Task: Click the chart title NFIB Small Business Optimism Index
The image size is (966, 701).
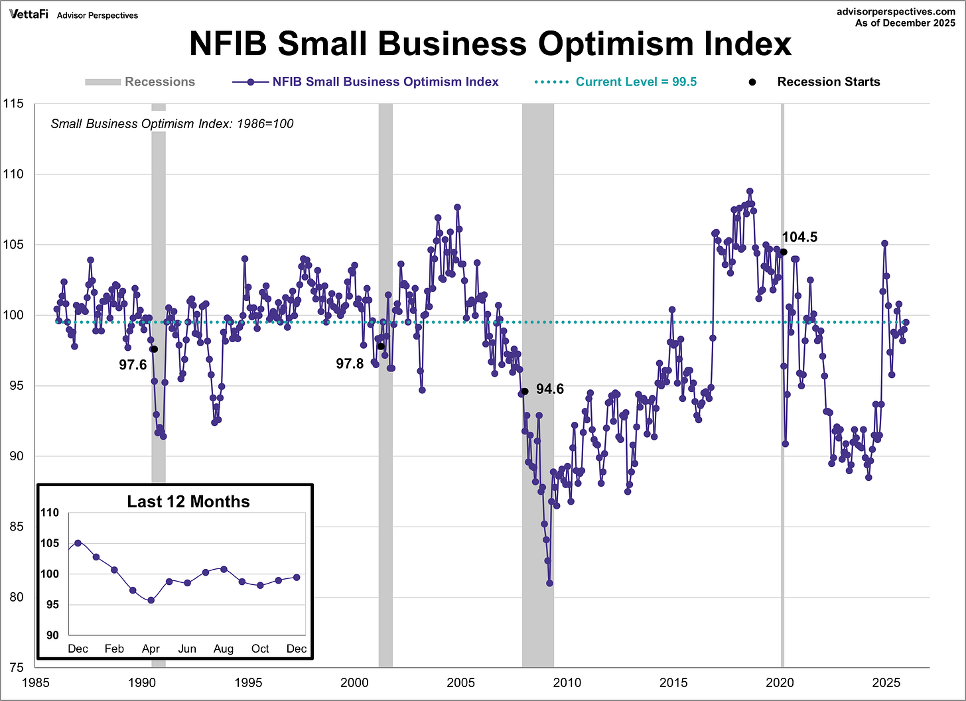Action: pos(490,44)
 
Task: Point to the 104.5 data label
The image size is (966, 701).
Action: pos(799,237)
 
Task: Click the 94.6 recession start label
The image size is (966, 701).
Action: pos(549,389)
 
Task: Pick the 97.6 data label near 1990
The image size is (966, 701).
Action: pos(133,365)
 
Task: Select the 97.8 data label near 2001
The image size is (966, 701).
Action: pos(350,363)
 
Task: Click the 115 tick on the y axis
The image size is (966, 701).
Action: pos(13,103)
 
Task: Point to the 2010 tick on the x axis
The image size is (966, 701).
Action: pos(567,682)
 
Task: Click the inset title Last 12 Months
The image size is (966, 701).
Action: pos(188,501)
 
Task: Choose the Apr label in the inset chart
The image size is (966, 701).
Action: pos(151,649)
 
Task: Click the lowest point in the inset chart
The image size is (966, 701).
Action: pos(151,600)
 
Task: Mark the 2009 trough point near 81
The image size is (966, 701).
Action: pos(549,584)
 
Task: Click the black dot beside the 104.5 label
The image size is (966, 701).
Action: pos(784,252)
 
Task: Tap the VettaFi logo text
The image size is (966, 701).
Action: pos(29,14)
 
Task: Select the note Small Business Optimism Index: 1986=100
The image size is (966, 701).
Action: pos(172,124)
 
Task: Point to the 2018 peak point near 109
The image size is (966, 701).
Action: pos(750,191)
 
